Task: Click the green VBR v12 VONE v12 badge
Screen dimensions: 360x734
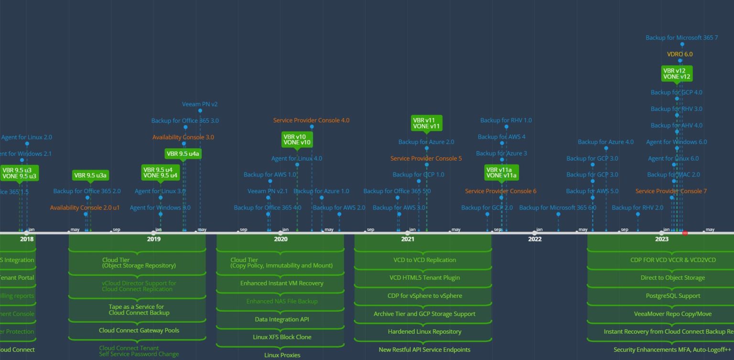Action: pos(677,74)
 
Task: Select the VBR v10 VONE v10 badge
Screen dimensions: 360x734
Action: pos(297,140)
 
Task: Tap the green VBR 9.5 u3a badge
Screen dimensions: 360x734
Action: pos(90,175)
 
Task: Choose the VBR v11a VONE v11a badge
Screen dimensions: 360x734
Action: pos(501,172)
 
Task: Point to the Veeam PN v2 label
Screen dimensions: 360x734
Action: pos(200,104)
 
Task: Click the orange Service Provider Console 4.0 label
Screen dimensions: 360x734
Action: pos(311,120)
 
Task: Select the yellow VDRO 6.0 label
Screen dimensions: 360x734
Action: pos(680,55)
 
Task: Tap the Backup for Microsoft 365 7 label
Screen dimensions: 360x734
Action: pos(681,38)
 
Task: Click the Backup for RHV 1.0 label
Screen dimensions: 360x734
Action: pos(506,120)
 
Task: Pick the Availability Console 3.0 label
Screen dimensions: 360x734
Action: pos(183,137)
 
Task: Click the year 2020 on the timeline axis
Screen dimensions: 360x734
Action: pos(281,239)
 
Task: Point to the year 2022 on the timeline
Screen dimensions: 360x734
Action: pos(535,239)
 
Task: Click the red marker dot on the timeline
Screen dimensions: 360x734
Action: pos(685,233)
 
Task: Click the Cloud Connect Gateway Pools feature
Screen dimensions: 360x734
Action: pos(139,330)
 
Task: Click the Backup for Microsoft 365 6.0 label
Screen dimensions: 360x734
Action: pos(558,207)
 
